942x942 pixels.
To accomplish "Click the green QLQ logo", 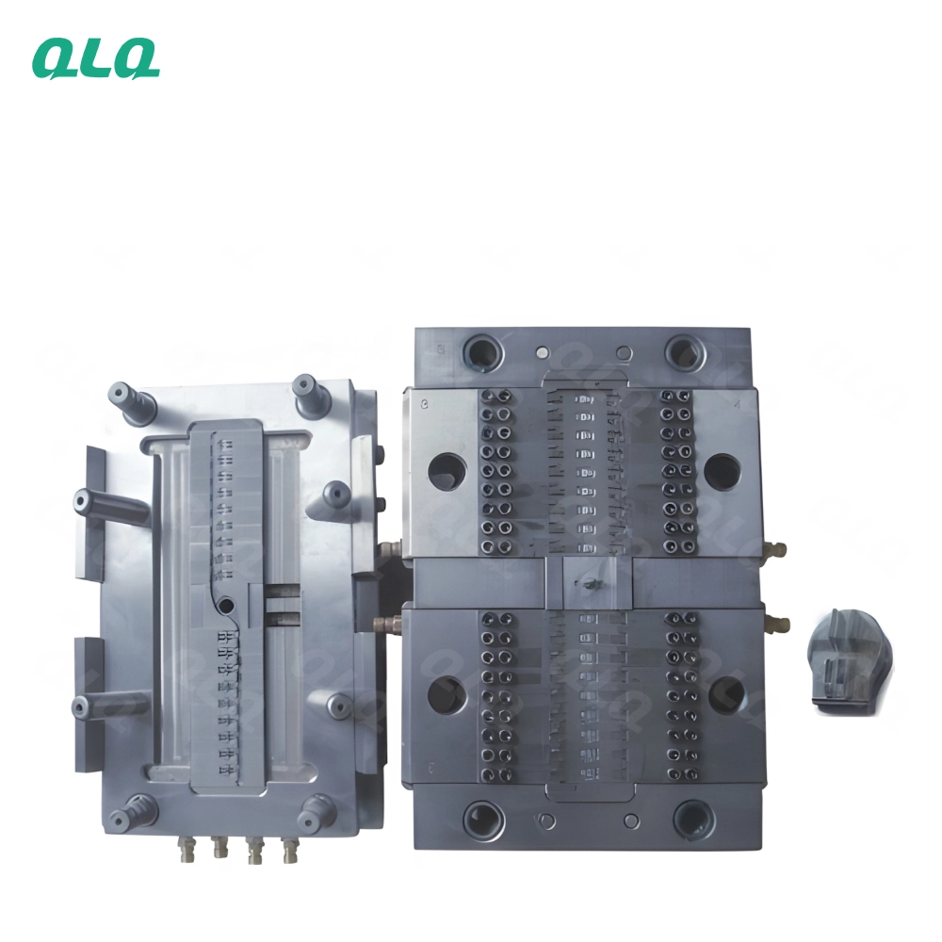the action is (96, 58).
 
